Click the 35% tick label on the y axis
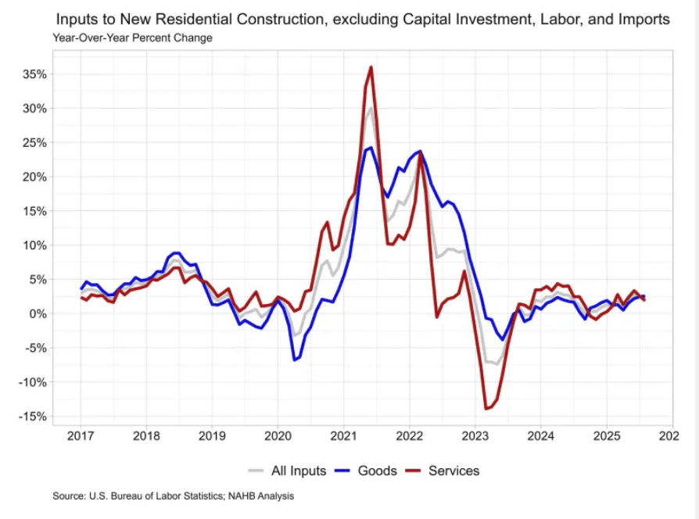pyautogui.click(x=35, y=74)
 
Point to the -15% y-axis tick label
pyautogui.click(x=34, y=417)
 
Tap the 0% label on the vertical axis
pyautogui.click(x=38, y=313)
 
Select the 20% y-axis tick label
pyautogui.click(x=35, y=177)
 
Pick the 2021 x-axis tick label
pyautogui.click(x=344, y=435)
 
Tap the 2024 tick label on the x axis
pyautogui.click(x=542, y=435)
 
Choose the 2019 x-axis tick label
pyautogui.click(x=212, y=435)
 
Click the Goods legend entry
pyautogui.click(x=377, y=471)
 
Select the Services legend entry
pyautogui.click(x=453, y=471)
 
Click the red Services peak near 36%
pyautogui.click(x=371, y=67)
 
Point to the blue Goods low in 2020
pyautogui.click(x=294, y=360)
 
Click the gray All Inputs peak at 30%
pyautogui.click(x=371, y=108)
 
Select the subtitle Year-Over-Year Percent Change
pyautogui.click(x=132, y=37)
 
